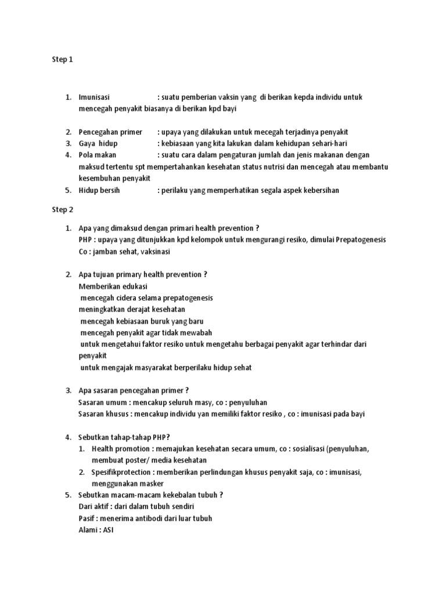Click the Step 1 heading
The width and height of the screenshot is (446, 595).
63,59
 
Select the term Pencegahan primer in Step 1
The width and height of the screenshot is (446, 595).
110,132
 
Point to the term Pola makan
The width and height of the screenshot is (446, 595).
98,155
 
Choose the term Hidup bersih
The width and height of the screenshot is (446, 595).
99,191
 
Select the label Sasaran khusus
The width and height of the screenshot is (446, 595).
103,414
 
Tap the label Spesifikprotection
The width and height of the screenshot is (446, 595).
124,472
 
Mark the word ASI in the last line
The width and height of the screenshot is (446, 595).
108,531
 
